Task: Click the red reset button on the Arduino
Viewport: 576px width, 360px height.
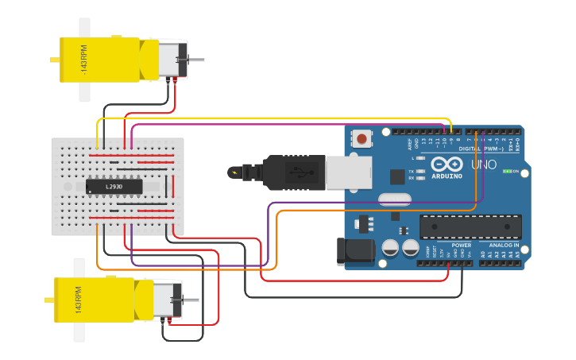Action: (x=362, y=139)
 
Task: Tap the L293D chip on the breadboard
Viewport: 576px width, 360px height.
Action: (x=114, y=187)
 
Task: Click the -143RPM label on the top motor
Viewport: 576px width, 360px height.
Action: (x=82, y=60)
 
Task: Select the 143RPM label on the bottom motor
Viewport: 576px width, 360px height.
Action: (x=79, y=300)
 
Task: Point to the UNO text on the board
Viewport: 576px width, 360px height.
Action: (x=484, y=165)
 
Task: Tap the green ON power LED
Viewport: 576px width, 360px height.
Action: (x=506, y=172)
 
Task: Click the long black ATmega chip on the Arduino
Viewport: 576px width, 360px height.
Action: (x=470, y=226)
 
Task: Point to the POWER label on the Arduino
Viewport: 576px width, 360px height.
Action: (x=462, y=246)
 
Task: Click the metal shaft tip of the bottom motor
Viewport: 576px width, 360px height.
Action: (x=191, y=300)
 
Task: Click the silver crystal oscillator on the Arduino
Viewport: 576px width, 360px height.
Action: (x=393, y=199)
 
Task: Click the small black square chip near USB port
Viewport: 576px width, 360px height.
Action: (x=397, y=176)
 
